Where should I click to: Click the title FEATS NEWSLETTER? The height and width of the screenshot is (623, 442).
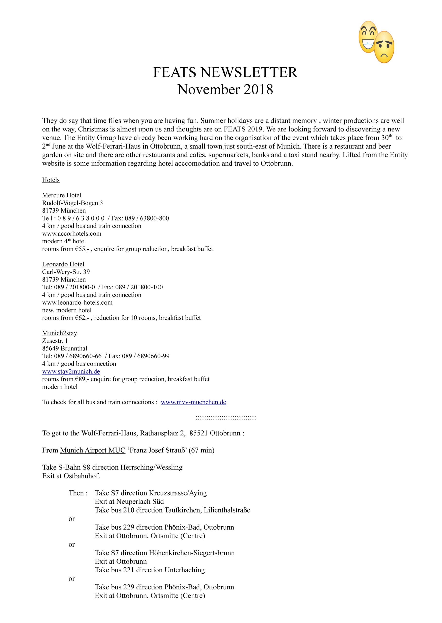pos(225,73)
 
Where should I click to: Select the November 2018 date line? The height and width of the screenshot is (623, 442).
pos(225,89)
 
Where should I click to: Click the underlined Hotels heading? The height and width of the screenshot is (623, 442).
pos(51,180)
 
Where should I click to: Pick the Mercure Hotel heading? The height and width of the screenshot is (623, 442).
pos(62,195)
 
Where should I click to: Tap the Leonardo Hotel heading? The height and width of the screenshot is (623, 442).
pos(63,264)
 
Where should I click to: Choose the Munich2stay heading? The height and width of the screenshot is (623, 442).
pos(60,333)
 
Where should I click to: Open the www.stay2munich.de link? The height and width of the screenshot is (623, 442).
pos(71,371)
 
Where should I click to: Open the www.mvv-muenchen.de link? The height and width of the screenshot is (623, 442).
pos(193,402)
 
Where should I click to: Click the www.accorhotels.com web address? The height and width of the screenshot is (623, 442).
pos(72,234)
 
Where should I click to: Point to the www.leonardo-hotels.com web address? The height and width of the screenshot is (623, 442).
pos(77,302)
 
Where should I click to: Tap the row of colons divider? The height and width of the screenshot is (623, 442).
pos(226,417)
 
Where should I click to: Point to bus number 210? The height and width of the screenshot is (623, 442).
pos(129,510)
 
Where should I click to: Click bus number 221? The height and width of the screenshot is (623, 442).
pos(129,570)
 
